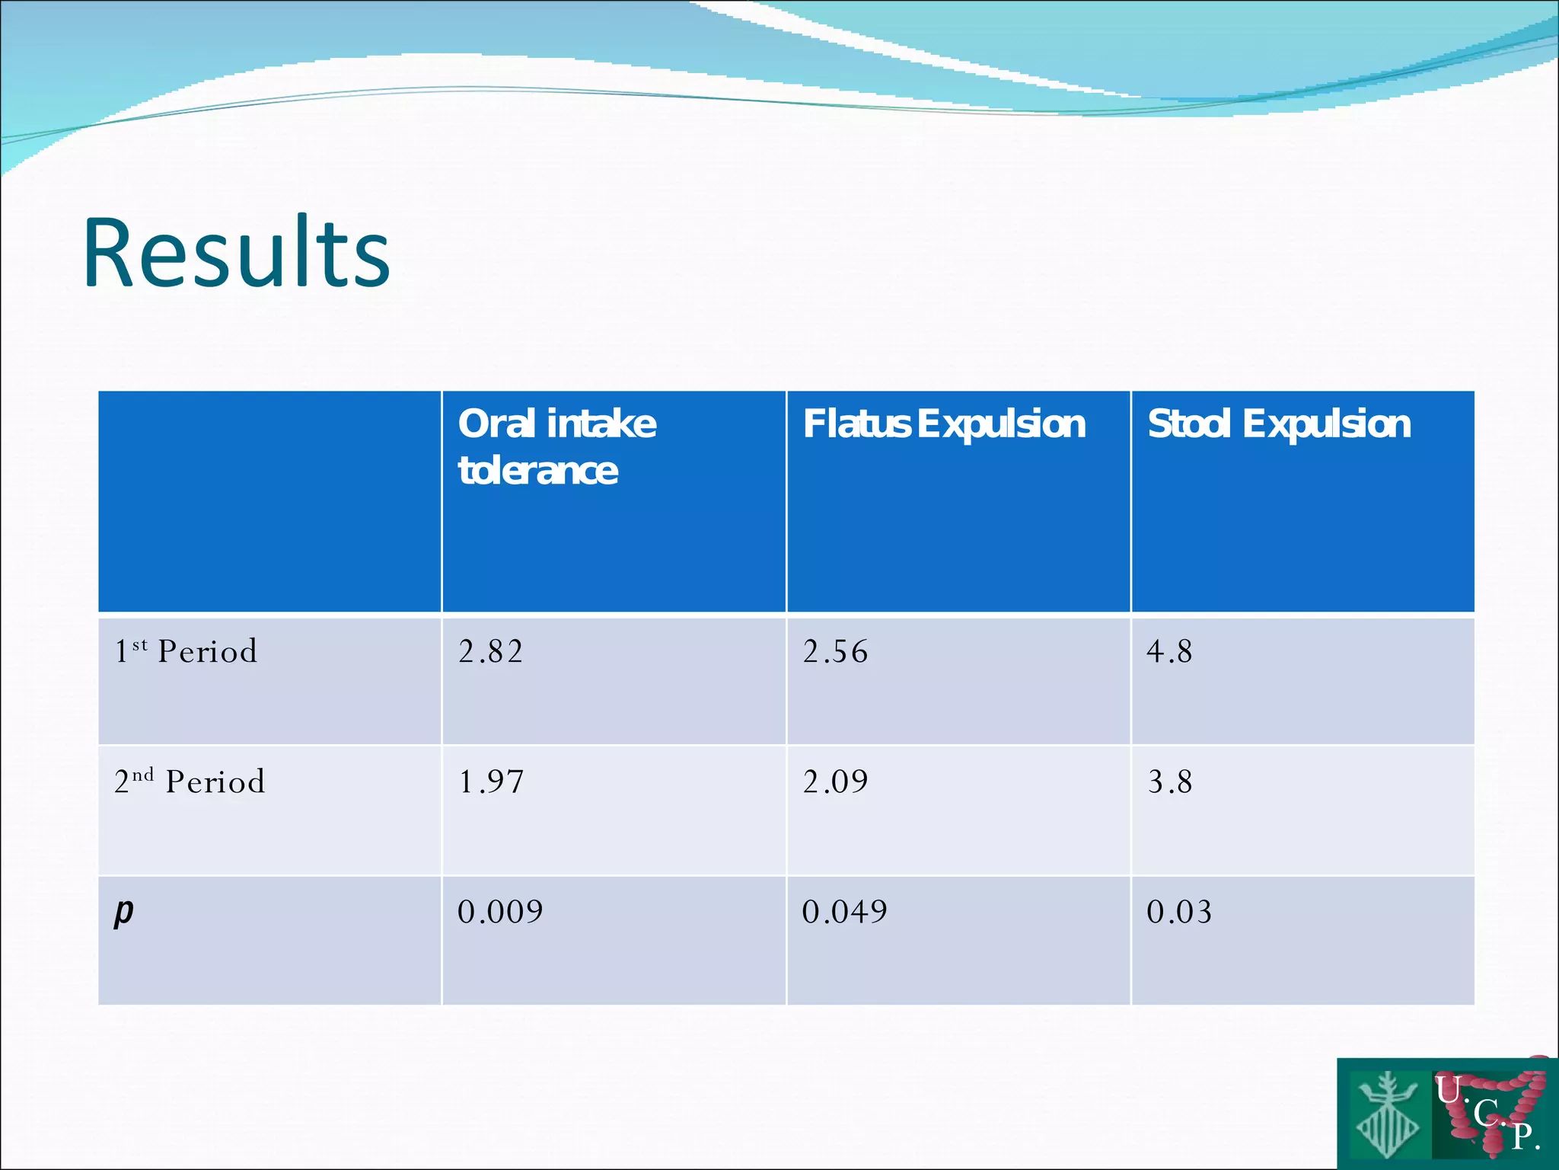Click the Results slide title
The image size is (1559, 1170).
[x=237, y=253]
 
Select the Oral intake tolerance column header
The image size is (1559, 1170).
[x=556, y=446]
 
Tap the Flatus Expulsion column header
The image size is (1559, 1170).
[x=944, y=424]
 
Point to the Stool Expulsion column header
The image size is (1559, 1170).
[x=1279, y=424]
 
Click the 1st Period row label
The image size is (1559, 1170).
[x=186, y=651]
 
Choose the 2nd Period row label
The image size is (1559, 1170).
[x=190, y=782]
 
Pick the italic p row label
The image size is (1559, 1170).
[x=123, y=912]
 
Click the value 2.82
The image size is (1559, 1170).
[x=491, y=652]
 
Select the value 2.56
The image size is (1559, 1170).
[x=835, y=652]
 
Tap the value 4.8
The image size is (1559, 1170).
[x=1169, y=652]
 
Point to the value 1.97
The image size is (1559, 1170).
[x=491, y=782]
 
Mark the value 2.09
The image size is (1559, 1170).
[x=835, y=782]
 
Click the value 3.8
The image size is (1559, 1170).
[x=1170, y=782]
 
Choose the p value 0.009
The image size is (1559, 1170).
[x=500, y=912]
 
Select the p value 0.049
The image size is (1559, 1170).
[x=844, y=912]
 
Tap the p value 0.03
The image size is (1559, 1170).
[x=1179, y=912]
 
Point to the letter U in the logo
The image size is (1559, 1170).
[x=1447, y=1089]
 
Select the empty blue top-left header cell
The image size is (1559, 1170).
[x=269, y=501]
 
